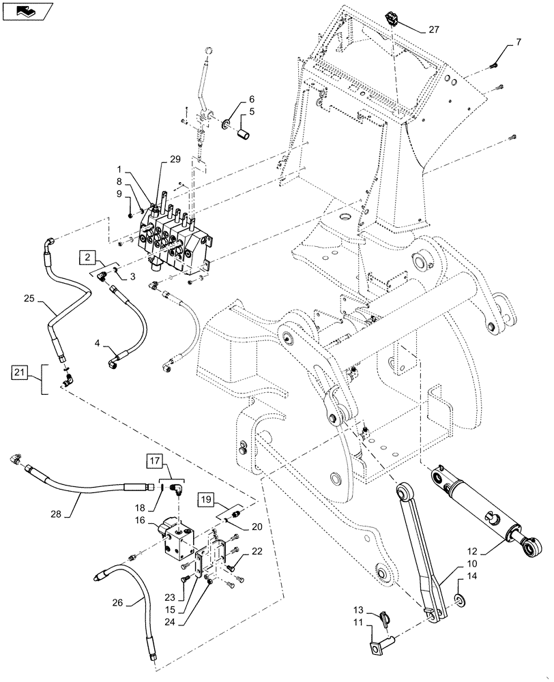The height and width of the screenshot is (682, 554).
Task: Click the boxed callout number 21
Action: click(20, 372)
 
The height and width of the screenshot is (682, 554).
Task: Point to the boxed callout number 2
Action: click(88, 257)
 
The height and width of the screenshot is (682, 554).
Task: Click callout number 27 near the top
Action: click(434, 29)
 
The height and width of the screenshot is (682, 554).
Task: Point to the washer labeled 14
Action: click(456, 599)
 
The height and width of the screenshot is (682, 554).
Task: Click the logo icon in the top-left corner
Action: click(27, 11)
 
